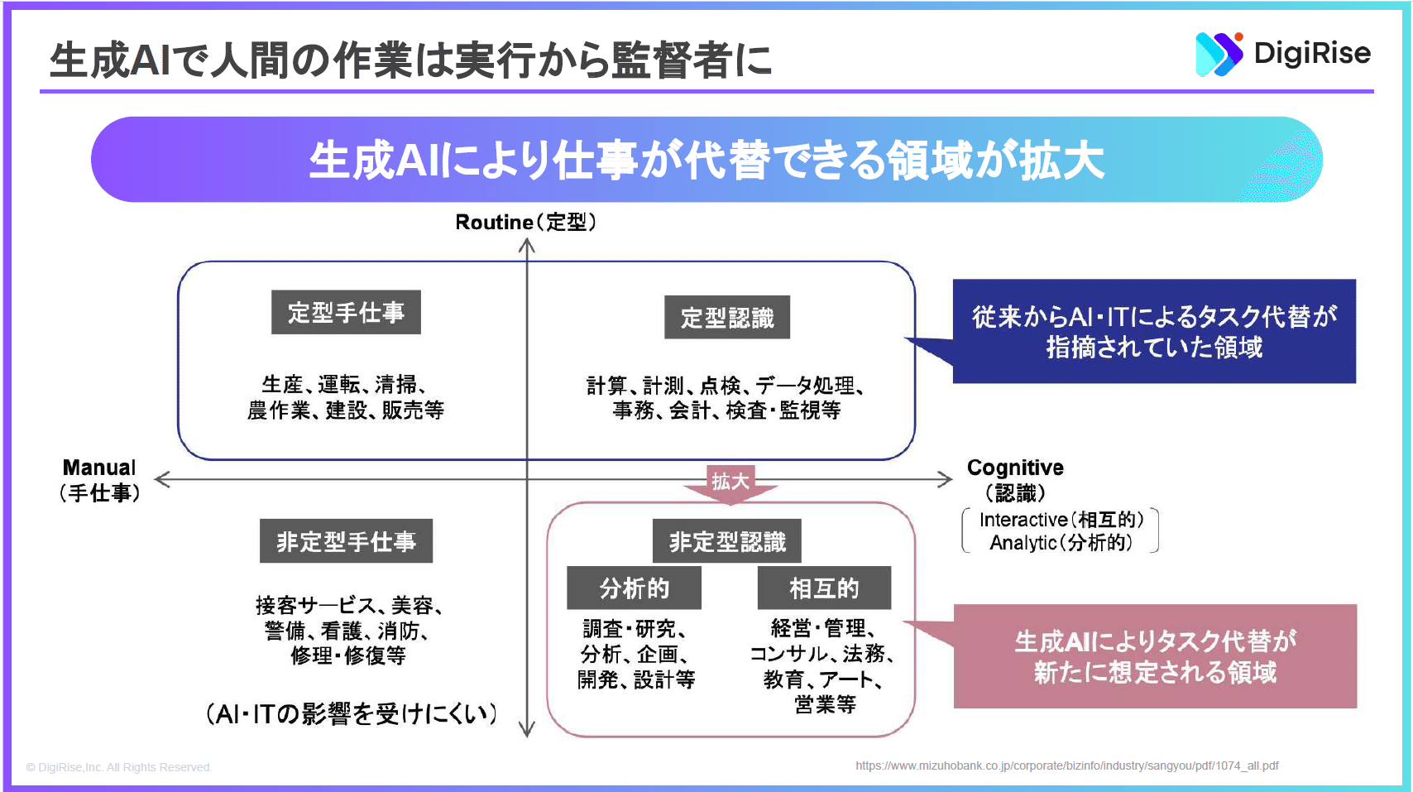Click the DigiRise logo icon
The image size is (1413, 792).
1219,55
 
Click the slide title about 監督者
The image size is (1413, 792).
410,60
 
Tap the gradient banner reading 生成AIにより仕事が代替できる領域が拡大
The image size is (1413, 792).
706,160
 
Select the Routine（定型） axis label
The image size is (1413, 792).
525,222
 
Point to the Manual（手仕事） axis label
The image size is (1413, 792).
99,480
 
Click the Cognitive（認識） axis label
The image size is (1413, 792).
1015,480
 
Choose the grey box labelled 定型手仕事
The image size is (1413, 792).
346,312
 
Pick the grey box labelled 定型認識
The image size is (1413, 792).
726,318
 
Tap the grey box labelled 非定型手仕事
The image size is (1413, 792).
347,541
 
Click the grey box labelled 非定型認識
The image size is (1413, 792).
726,541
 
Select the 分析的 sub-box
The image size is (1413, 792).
634,588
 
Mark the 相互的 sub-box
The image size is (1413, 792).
825,588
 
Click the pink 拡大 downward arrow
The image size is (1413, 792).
730,485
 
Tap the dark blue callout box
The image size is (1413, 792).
1154,331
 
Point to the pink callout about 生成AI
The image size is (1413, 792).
1155,656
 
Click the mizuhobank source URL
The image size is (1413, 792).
1066,766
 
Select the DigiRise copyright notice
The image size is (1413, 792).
119,767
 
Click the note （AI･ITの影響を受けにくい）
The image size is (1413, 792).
352,713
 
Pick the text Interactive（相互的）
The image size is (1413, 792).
1061,520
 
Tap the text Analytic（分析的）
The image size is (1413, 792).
1061,543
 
